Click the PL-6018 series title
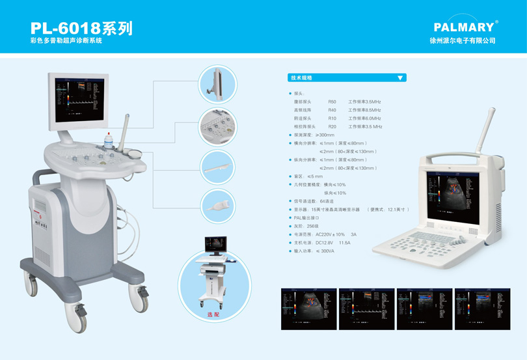(81, 29)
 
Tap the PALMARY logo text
(464, 27)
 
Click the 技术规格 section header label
(302, 77)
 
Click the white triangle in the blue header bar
(400, 77)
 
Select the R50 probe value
(332, 102)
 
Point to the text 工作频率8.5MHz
(364, 111)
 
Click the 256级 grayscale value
(312, 226)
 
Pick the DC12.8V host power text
(325, 243)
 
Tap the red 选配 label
(213, 314)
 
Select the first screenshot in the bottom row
(308, 309)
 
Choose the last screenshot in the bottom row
(482, 309)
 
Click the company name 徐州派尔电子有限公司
(463, 40)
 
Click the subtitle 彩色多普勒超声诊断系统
(66, 40)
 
